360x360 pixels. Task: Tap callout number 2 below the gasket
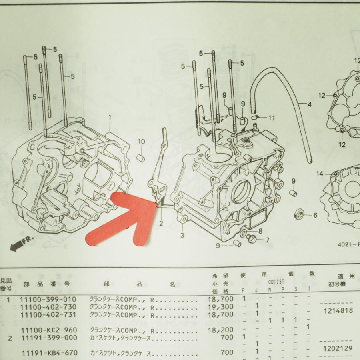[161, 223]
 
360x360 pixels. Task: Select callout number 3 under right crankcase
[182, 235]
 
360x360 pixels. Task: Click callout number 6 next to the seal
[315, 215]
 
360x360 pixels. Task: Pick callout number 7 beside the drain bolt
[267, 240]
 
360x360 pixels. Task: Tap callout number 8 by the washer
[260, 231]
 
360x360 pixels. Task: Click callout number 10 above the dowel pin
[141, 142]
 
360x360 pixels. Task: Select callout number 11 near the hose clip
[272, 118]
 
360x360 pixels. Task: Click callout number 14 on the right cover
[319, 174]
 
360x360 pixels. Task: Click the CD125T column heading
[276, 282]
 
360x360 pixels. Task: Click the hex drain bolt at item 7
[252, 239]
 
